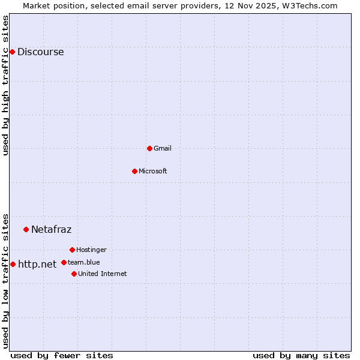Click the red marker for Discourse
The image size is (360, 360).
coord(12,52)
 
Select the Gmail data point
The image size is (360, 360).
coord(149,148)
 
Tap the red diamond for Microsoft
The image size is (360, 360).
coord(134,171)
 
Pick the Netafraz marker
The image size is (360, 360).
coord(26,229)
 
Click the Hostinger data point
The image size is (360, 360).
coord(72,250)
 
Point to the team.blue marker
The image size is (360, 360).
coord(64,262)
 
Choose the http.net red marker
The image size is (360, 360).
coord(13,264)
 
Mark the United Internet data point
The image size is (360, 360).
coord(74,274)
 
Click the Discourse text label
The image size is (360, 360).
coord(40,52)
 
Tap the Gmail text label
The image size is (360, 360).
coord(163,148)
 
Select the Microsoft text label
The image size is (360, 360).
coord(152,171)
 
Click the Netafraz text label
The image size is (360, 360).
coord(51,229)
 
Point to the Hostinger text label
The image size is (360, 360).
coord(91,250)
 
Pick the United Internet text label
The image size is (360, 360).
coord(102,274)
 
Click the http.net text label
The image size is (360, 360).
coord(37,264)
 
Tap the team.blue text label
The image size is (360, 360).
coord(83,262)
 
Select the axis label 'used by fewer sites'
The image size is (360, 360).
coord(62,355)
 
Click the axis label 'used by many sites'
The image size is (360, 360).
coord(301,355)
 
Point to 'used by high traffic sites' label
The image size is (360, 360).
coord(6,85)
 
